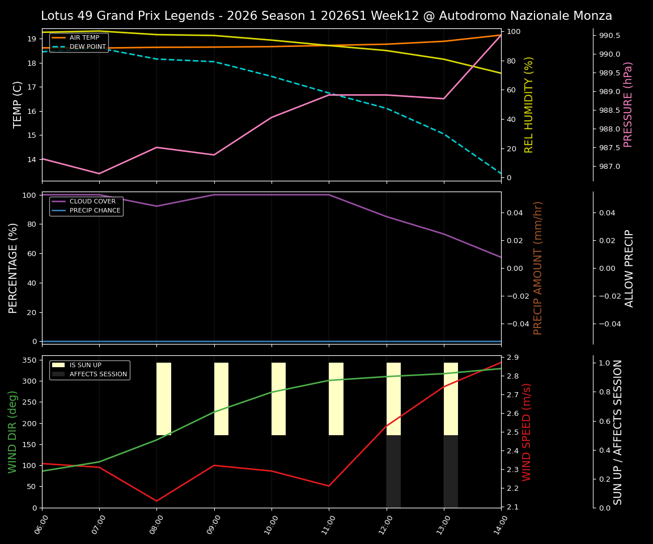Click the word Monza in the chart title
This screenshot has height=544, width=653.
(x=590, y=16)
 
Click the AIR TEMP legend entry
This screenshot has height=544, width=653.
(x=84, y=38)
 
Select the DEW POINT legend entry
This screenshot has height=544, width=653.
(x=87, y=47)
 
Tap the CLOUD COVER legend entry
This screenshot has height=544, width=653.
(x=92, y=202)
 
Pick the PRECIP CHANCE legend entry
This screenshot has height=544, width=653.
(x=95, y=211)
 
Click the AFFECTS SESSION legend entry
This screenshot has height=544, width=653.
(x=98, y=375)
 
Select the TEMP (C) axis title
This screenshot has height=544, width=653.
(x=18, y=104)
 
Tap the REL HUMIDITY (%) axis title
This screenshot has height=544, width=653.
(x=529, y=104)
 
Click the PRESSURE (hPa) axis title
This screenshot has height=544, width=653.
(x=628, y=104)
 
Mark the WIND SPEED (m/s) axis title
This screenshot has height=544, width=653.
(x=527, y=432)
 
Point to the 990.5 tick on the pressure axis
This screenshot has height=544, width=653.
(x=609, y=36)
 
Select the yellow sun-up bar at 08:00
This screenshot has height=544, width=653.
(x=164, y=399)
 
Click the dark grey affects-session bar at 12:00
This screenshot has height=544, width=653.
(x=393, y=471)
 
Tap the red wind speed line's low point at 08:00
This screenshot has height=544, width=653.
(x=156, y=501)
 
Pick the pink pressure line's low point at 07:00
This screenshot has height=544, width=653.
(x=99, y=173)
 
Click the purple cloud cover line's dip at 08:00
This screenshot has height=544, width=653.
(x=156, y=206)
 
